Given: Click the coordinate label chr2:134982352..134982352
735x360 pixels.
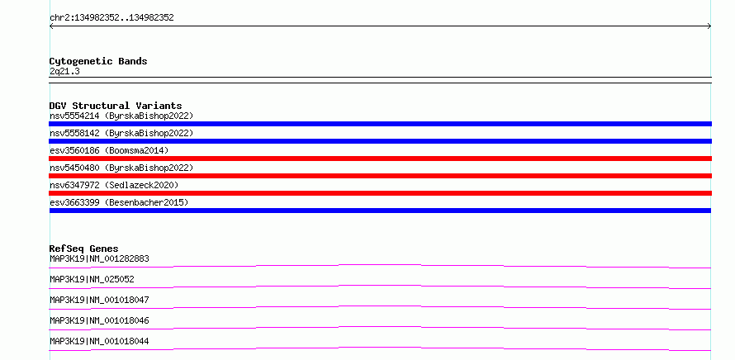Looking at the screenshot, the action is pos(111,18).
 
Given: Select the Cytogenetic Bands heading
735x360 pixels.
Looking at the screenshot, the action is pos(98,61).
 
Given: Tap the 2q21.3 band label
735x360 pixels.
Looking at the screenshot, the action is pos(64,71).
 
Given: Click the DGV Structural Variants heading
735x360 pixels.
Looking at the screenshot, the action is pos(116,106).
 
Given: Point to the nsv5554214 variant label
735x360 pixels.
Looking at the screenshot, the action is pos(121,116).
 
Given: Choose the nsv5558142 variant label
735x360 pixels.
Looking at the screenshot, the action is pos(121,133).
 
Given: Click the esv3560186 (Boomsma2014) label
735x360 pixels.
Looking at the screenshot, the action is pos(109,150).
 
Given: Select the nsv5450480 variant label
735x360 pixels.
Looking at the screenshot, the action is pos(121,168).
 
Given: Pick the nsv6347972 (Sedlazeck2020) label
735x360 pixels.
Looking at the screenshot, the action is pos(114,185).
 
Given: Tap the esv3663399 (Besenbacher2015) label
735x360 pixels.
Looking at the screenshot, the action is pos(119,202).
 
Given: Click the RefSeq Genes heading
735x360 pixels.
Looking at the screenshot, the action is pos(84,249).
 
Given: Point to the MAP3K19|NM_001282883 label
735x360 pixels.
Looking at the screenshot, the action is pos(99,258).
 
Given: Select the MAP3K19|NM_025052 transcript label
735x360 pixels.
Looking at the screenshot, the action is pos(92,279).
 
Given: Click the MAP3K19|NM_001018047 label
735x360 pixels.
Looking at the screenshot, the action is pos(99,300).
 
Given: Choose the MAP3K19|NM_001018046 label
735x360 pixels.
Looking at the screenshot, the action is pos(99,320).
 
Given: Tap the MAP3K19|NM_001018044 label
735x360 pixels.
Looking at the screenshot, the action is pos(99,341).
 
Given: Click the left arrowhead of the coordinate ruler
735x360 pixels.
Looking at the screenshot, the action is pos(50,26).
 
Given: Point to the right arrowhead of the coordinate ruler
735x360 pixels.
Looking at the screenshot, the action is pos(710,26).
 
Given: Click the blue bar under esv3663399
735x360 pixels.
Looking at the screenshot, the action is pos(380,211).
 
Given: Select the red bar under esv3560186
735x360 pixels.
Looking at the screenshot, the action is pos(380,159).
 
